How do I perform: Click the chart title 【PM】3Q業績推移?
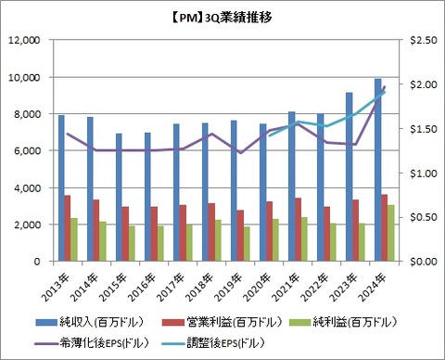click(x=222, y=17)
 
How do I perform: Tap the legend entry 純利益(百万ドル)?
click(x=353, y=321)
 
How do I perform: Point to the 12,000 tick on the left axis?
click(x=24, y=40)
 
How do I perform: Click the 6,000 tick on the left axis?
click(x=27, y=151)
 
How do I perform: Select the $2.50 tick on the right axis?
click(x=425, y=40)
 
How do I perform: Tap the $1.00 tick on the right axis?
click(x=425, y=174)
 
